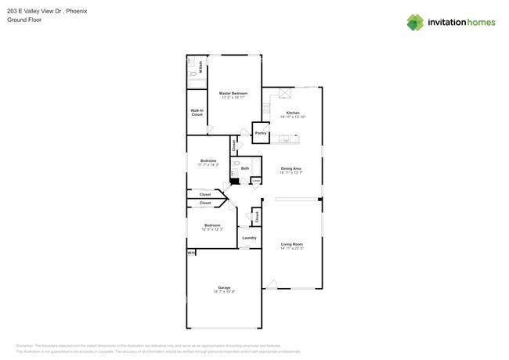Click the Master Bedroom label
tap(233, 93)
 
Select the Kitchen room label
tap(292, 113)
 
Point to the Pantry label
tap(261, 133)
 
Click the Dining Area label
tap(291, 168)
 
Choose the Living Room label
tap(292, 244)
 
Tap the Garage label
tap(224, 287)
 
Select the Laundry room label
tap(249, 237)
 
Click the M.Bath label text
tap(200, 67)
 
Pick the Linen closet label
tap(256, 181)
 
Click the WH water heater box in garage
tap(190, 253)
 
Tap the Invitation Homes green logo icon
tap(415, 22)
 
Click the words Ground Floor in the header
tap(24, 20)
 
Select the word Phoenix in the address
tap(77, 11)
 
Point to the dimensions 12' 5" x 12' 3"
tap(212, 229)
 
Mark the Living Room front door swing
tap(271, 285)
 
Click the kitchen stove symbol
tap(266, 109)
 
